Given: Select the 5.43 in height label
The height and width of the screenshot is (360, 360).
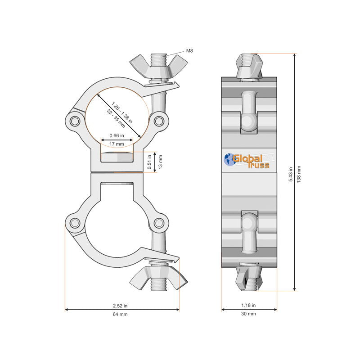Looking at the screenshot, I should pos(291,173).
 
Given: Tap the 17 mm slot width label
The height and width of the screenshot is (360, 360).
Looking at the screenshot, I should pos(117,144).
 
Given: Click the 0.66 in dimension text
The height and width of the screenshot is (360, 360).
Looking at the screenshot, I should pos(117,135).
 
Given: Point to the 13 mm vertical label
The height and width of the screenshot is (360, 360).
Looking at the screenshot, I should pos(160,162).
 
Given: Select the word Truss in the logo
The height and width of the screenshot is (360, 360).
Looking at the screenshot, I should pos(259,166).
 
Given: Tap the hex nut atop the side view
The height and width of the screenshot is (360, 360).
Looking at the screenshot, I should pos(248,65).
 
